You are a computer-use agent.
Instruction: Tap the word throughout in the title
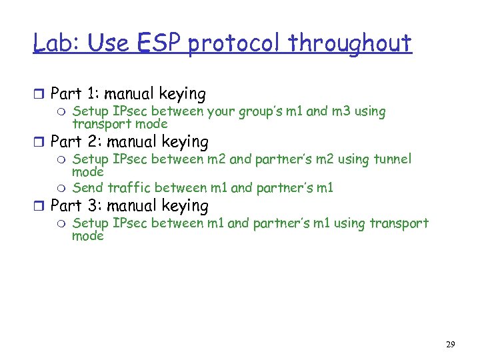tap(351, 43)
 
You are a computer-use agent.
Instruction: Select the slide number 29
tap(451, 345)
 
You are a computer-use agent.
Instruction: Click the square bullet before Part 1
tap(41, 95)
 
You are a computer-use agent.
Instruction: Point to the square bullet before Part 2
tap(41, 143)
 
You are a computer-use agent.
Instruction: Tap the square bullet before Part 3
tap(41, 207)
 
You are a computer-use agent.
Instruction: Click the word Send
tap(87, 188)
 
